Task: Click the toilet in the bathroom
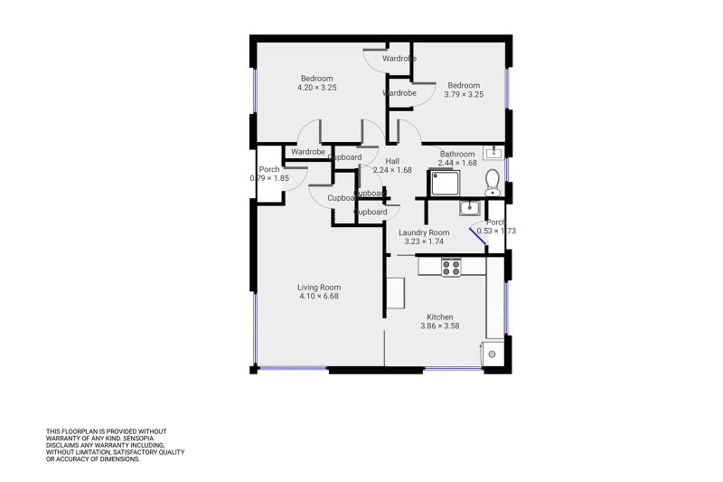493,184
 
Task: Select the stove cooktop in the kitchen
451,267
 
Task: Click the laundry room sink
469,209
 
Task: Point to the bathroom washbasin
493,152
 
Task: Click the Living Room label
319,288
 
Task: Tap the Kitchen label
440,317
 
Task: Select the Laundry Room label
424,232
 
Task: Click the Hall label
392,161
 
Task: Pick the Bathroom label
457,155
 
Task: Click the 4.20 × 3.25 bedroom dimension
316,88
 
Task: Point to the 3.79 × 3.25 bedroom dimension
464,94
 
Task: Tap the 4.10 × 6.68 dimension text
319,297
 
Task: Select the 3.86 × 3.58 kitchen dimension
440,326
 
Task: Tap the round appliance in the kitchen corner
493,354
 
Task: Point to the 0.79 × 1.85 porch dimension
269,178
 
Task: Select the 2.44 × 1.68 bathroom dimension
457,163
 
